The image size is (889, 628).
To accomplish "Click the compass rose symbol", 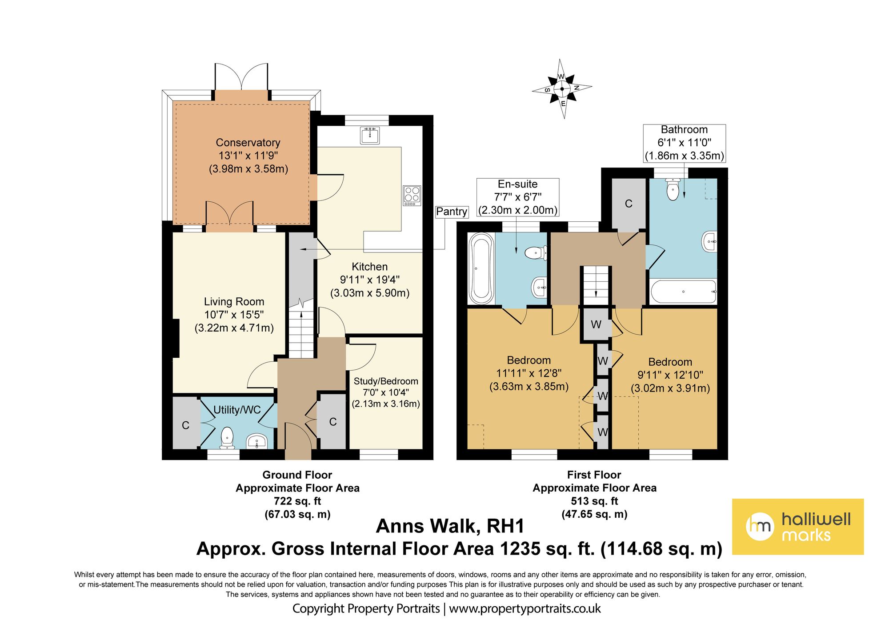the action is click(562, 89).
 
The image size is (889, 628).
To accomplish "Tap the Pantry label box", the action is click(452, 212).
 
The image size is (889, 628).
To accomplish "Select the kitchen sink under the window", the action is click(370, 135).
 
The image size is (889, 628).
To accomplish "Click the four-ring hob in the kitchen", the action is click(412, 196).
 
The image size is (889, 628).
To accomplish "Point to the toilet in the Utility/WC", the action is click(227, 438).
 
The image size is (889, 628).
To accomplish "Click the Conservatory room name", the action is click(248, 143).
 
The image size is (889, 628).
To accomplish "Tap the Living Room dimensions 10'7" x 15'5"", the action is click(234, 315).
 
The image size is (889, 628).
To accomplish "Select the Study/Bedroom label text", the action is click(386, 381).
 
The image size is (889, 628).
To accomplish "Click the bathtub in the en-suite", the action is click(481, 268).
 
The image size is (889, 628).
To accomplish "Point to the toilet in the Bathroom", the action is click(673, 189).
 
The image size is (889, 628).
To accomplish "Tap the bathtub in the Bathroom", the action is click(683, 292).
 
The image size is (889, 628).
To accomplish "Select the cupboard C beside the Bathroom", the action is click(629, 204).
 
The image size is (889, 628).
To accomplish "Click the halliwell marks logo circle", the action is click(760, 527).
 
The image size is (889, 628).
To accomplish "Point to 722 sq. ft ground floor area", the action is click(297, 501).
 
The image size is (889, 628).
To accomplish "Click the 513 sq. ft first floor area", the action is click(595, 501).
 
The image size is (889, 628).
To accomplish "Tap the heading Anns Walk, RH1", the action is click(450, 526).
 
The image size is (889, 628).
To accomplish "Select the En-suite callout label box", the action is click(518, 197).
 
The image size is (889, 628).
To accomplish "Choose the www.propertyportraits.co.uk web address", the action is click(525, 608).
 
